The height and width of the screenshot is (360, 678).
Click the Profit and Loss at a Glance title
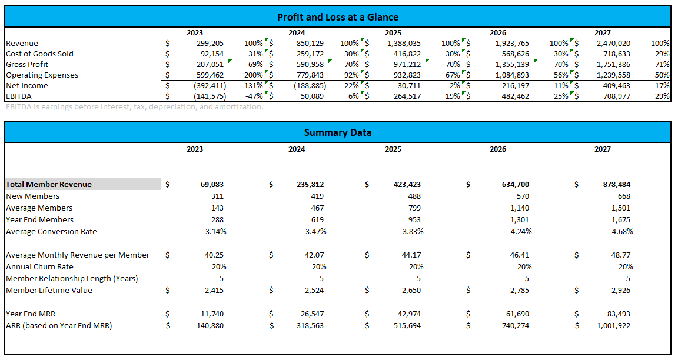[337, 17]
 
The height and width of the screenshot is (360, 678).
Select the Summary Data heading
[337, 132]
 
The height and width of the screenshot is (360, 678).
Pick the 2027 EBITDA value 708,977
[614, 96]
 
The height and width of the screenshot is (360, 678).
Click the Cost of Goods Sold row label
[39, 54]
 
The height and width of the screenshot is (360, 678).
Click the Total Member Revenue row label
[49, 184]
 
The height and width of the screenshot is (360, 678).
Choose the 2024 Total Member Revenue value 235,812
[310, 184]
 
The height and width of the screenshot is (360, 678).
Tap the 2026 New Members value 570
[522, 196]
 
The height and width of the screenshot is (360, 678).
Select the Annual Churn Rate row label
[39, 266]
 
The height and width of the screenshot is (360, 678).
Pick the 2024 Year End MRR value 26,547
[311, 314]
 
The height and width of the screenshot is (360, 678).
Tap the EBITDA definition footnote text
[134, 107]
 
